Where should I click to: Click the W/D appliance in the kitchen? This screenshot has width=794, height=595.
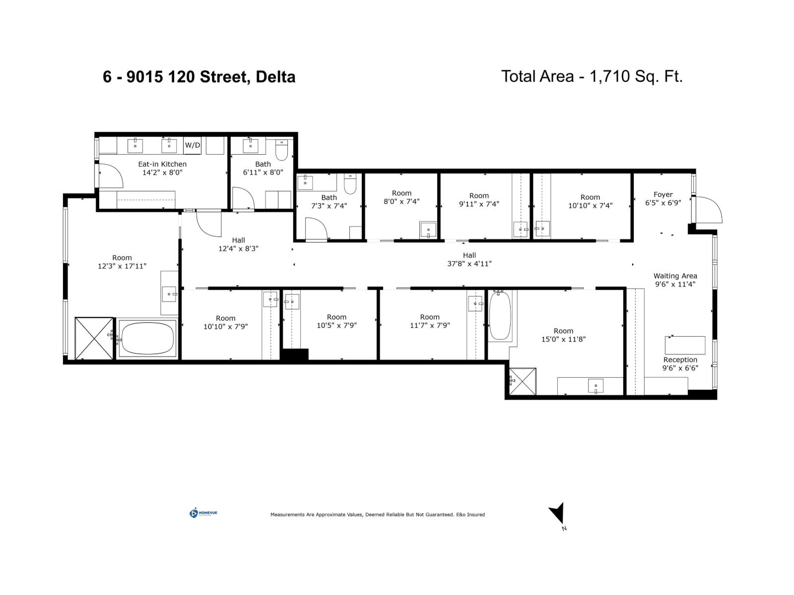click(x=193, y=145)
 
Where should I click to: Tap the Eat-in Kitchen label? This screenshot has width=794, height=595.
click(x=162, y=164)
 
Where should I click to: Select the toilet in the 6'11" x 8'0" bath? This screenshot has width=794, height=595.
click(x=281, y=150)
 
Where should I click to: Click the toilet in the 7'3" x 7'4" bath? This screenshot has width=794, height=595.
click(x=350, y=184)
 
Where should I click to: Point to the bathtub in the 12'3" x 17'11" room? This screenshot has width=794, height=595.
click(x=147, y=338)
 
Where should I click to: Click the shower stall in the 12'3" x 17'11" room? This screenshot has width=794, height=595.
click(x=94, y=338)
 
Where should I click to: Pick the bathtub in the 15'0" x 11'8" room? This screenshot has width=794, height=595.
click(x=500, y=316)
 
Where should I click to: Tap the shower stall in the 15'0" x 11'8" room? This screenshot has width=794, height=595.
click(x=523, y=381)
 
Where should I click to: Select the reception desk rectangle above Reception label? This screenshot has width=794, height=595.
click(x=685, y=345)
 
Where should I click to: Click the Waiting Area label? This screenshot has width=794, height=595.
click(x=675, y=276)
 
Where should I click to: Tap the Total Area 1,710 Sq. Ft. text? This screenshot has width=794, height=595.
click(x=592, y=76)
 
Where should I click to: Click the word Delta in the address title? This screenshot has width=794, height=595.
click(x=275, y=77)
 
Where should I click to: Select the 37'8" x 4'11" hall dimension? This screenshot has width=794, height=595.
click(x=469, y=264)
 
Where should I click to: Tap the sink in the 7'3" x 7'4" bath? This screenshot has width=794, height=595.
click(x=305, y=182)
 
